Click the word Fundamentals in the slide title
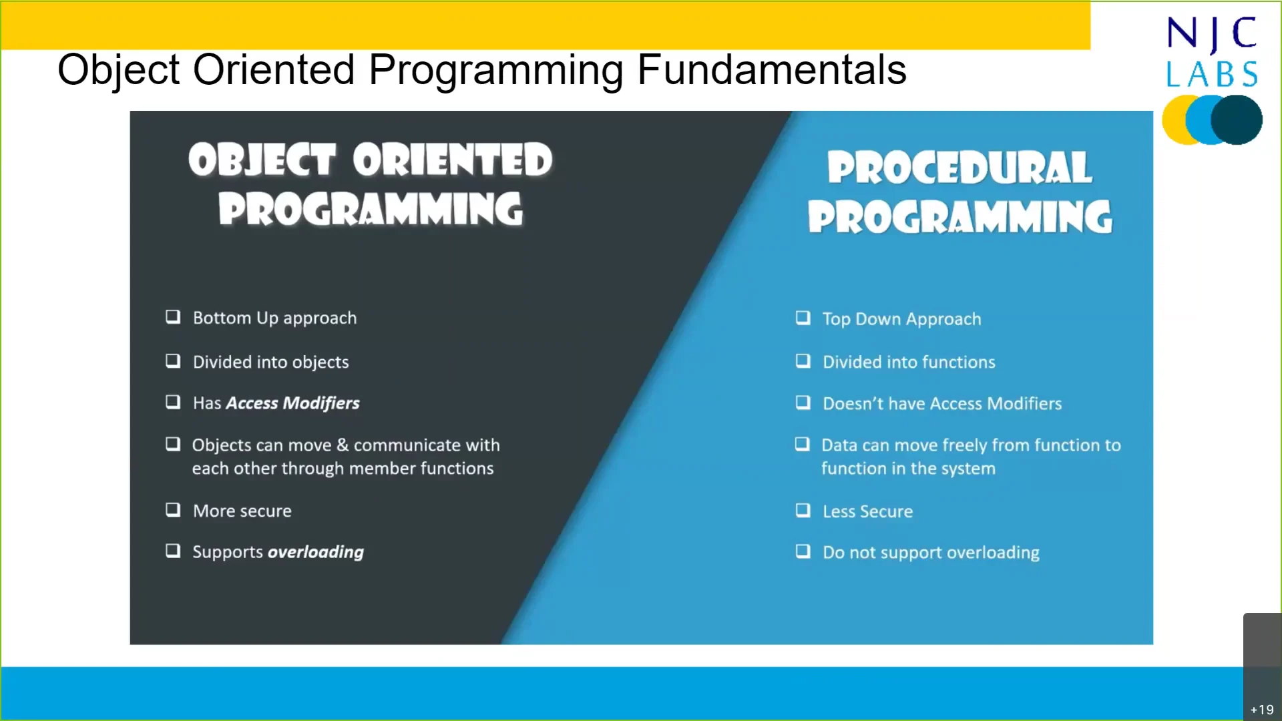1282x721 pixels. pos(771,69)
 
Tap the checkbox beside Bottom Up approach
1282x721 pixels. pos(173,316)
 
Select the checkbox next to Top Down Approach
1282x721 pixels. pos(803,318)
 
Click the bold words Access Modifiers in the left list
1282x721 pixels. pos(292,403)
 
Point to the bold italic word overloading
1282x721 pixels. pos(316,552)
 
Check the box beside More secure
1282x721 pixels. pos(173,510)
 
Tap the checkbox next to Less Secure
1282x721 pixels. pos(803,511)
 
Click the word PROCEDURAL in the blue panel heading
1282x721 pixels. pos(959,168)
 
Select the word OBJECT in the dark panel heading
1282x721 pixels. pos(261,160)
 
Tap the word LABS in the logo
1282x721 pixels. pos(1212,74)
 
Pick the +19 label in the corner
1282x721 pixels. pos(1261,710)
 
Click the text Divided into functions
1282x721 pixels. pos(908,363)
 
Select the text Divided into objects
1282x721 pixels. pos(270,363)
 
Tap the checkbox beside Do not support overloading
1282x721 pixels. pos(803,551)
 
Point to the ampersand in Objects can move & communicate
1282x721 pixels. pos(343,445)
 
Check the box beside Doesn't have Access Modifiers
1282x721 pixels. pos(803,403)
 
